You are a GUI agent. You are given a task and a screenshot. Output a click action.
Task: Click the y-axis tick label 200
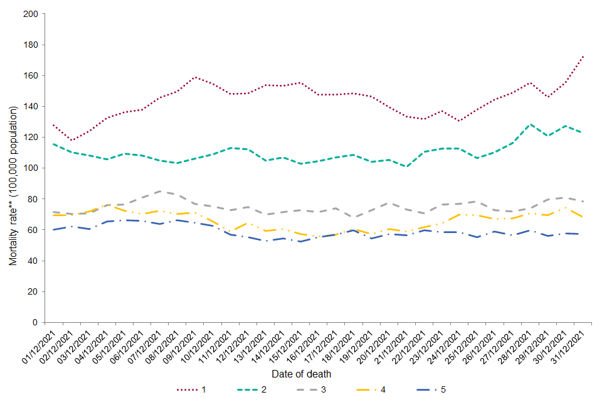point(30,14)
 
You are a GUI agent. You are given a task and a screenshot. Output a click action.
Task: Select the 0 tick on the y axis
point(35,322)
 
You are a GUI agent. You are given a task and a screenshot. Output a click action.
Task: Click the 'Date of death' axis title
point(302,374)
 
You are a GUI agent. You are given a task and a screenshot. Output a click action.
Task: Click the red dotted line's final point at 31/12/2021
point(584,56)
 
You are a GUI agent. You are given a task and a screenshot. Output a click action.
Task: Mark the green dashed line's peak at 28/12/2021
point(531,124)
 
